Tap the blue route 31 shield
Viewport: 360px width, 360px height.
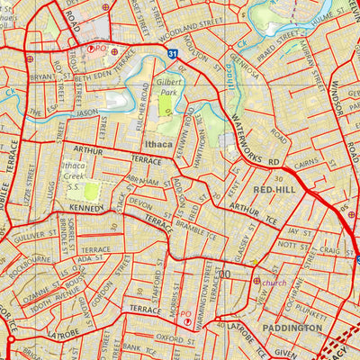point(171,55)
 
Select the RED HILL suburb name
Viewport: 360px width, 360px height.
point(273,191)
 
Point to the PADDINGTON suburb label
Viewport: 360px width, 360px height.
point(292,329)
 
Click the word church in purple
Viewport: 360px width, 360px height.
point(274,282)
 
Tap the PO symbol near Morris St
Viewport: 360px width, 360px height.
point(186,319)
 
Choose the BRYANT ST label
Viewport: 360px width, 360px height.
point(41,77)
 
